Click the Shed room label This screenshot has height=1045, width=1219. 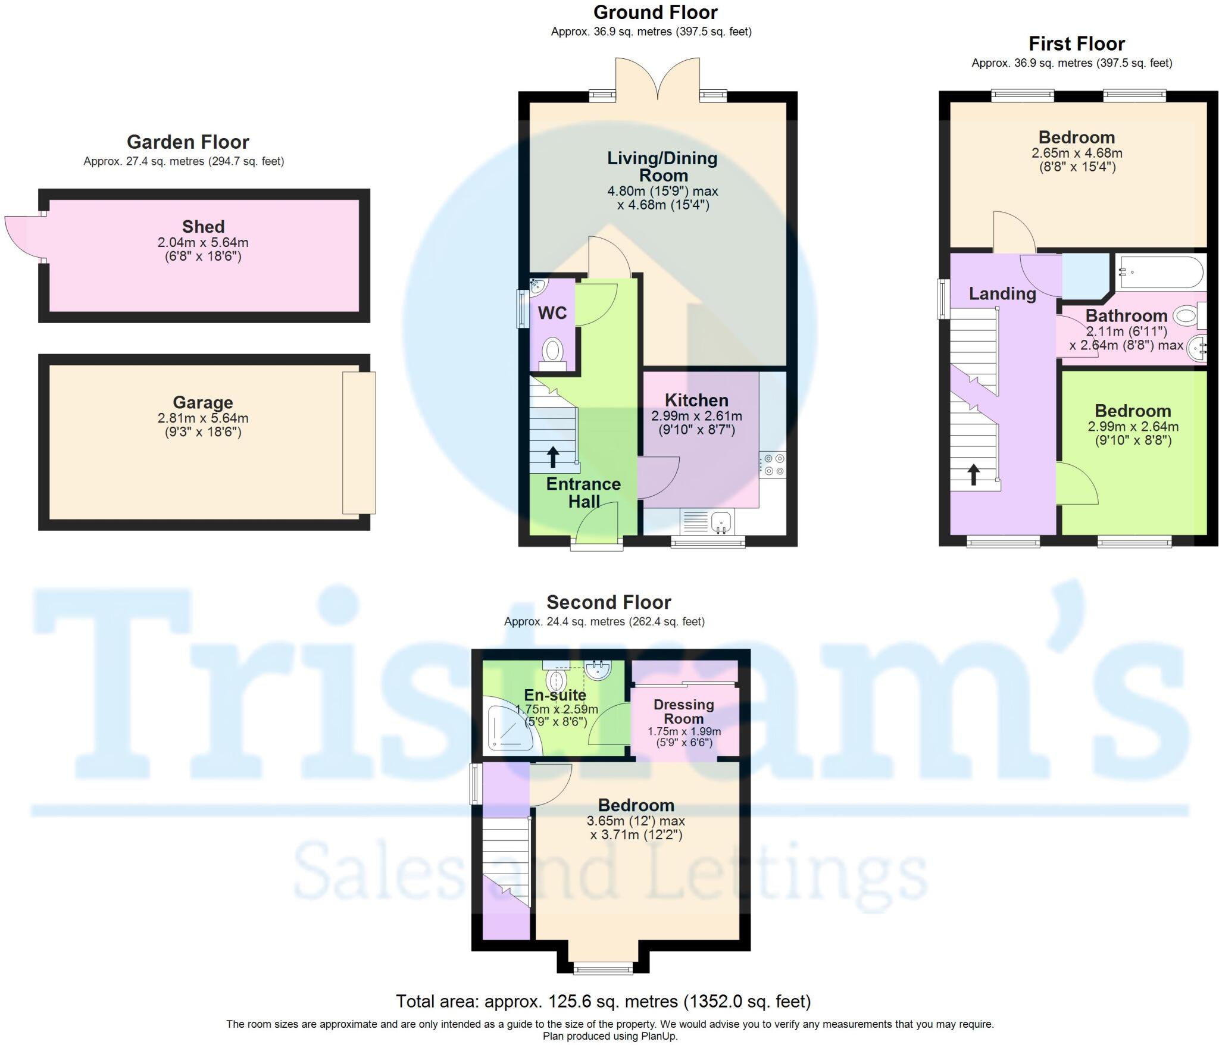point(203,227)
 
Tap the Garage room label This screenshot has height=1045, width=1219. point(202,403)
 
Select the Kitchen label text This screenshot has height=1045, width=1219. point(696,400)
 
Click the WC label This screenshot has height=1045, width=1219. point(552,313)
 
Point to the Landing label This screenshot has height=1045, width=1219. point(1002,293)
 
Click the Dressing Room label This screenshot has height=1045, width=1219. point(684,712)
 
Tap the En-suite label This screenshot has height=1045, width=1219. point(555,694)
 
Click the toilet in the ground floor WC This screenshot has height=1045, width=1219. point(554,351)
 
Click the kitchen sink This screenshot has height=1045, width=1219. point(721,522)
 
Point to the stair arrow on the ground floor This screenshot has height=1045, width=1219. point(553,457)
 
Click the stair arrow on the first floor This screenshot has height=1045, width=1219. point(974,475)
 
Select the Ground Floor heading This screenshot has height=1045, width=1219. point(655,12)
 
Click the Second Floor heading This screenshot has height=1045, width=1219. point(608,602)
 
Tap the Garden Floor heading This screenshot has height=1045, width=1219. point(187,142)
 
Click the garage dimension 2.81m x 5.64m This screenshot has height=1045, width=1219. point(202,418)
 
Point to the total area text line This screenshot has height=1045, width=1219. point(603,1002)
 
